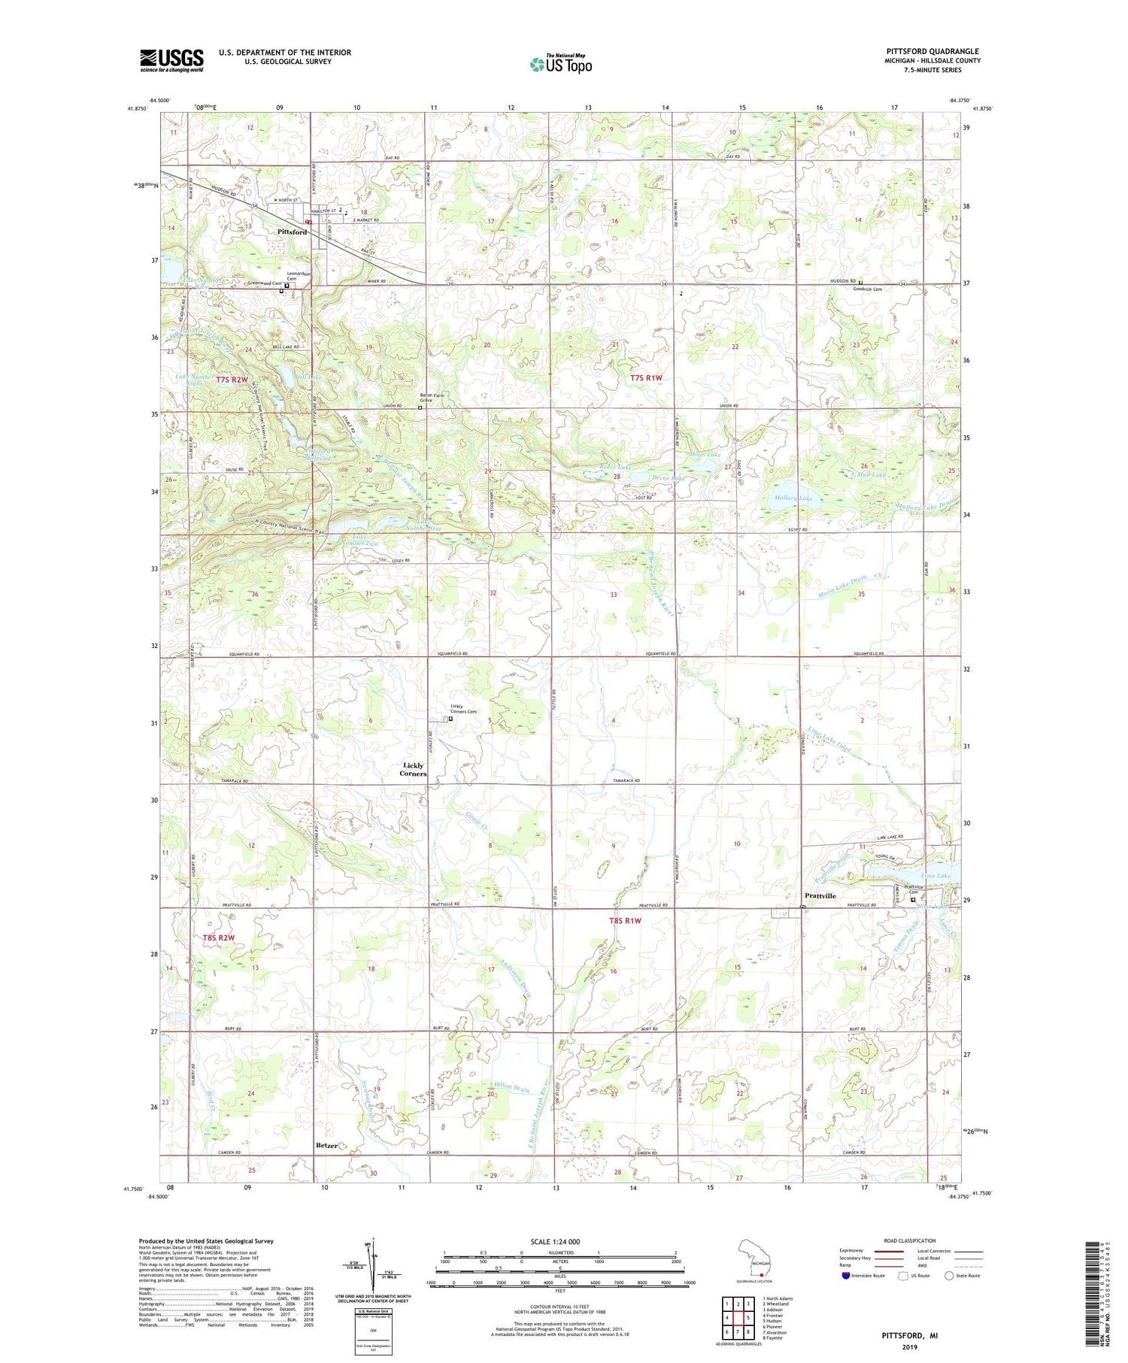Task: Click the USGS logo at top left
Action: pos(171,60)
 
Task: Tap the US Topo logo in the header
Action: pos(561,64)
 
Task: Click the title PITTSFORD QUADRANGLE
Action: pos(932,51)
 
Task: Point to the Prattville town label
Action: pos(820,895)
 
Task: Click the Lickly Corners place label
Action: pos(414,769)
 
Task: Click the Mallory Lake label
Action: pos(793,498)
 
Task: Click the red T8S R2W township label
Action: pos(218,937)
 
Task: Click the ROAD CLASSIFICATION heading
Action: pos(910,1240)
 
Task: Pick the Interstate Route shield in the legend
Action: pos(846,1276)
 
